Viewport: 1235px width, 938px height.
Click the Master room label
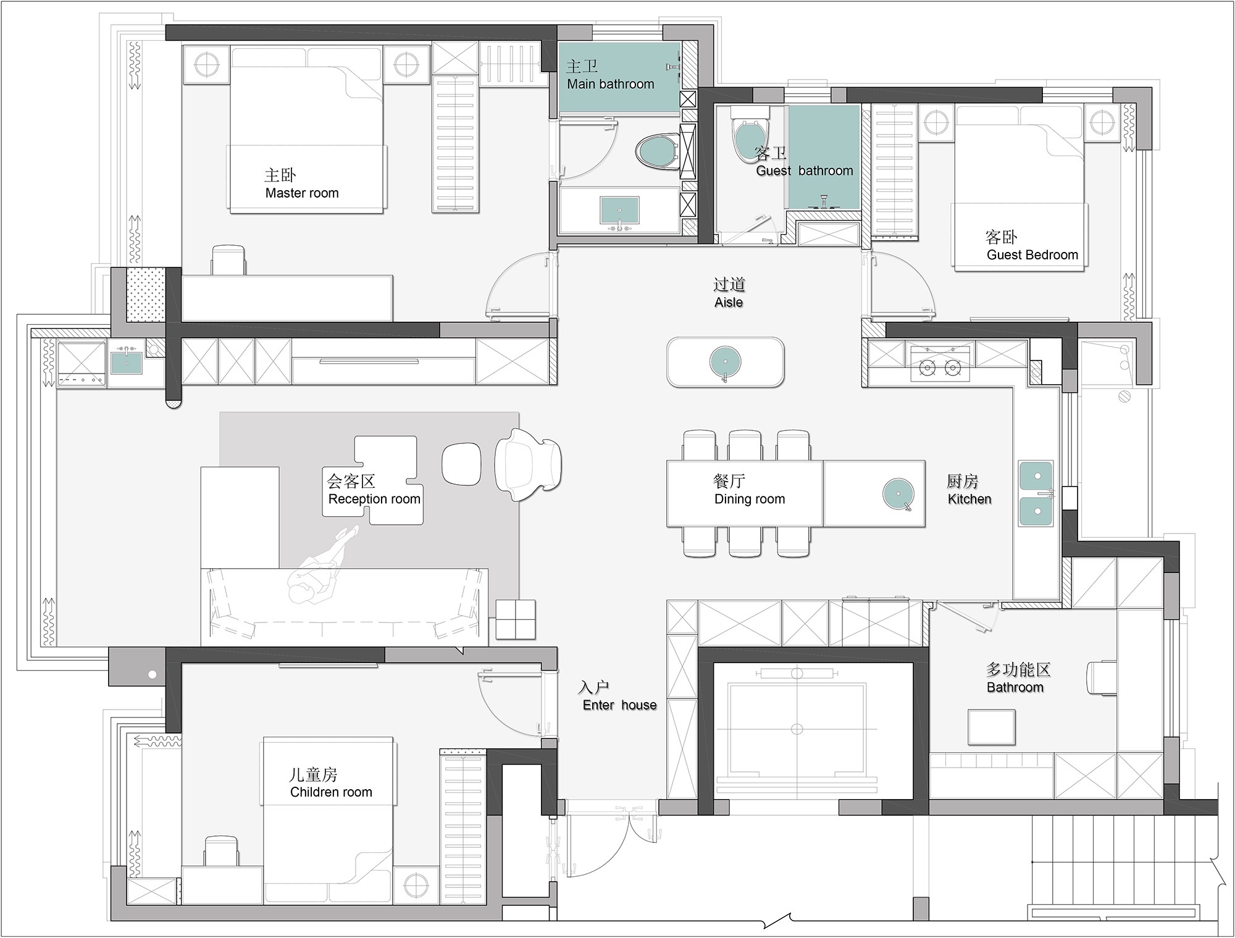302,193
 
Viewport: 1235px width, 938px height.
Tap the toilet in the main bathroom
657,151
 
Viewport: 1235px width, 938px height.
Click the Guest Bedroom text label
1032,255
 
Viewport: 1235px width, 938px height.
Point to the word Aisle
729,303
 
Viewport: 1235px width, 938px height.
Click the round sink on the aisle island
725,362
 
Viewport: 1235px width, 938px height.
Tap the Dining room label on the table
750,499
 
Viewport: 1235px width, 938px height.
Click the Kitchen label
969,499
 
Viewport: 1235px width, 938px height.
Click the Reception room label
374,499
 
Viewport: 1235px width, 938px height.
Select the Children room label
331,792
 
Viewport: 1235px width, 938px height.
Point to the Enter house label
619,705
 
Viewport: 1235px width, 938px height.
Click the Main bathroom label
610,85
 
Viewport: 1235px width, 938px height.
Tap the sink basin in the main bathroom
619,211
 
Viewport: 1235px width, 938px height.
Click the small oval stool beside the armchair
461,463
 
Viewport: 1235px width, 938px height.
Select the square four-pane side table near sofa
516,619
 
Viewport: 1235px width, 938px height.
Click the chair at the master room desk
228,260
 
